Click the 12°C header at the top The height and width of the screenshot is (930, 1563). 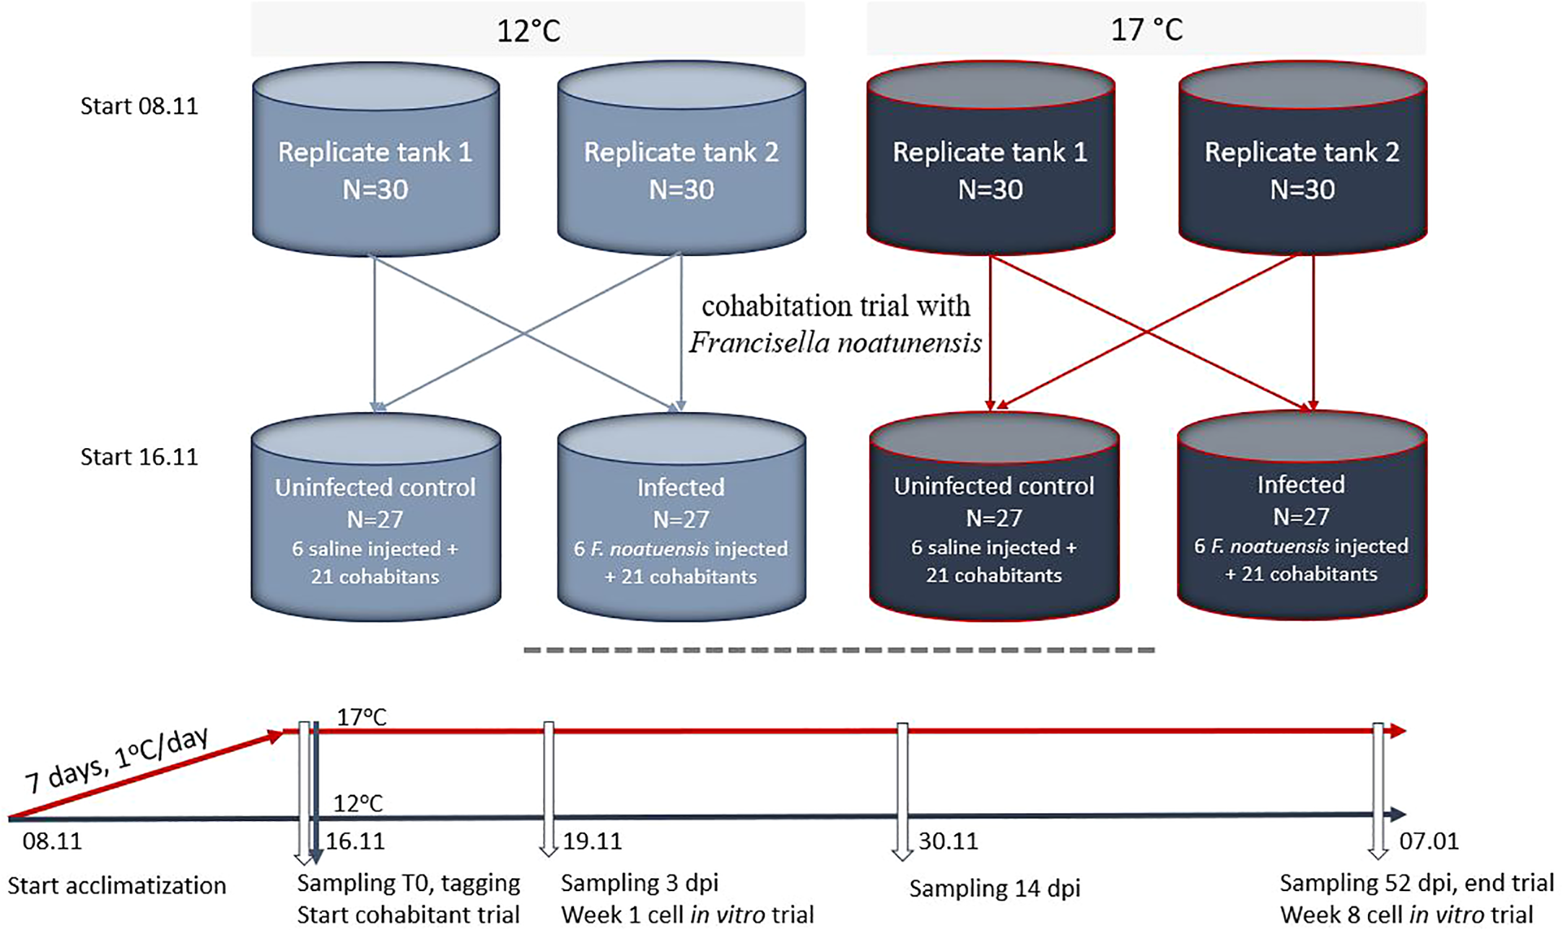(x=528, y=30)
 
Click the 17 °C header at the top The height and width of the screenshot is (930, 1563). (x=1146, y=30)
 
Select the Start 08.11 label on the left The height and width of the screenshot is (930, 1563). (x=139, y=106)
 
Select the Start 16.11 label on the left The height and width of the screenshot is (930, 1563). (x=139, y=457)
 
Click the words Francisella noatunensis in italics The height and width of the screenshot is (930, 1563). (x=835, y=343)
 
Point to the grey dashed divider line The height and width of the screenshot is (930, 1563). (x=837, y=650)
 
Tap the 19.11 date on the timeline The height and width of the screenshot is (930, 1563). (x=592, y=841)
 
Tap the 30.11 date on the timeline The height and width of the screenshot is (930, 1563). (x=948, y=841)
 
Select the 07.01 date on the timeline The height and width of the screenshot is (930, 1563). (x=1429, y=841)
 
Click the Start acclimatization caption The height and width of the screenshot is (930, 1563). (x=117, y=885)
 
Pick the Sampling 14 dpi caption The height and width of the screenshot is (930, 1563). (x=994, y=888)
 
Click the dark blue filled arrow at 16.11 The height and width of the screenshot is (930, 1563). (x=315, y=794)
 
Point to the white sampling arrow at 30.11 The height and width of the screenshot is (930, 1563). (x=902, y=794)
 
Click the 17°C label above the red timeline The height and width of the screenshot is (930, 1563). (x=362, y=717)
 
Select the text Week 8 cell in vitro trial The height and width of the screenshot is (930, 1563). (x=1406, y=915)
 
